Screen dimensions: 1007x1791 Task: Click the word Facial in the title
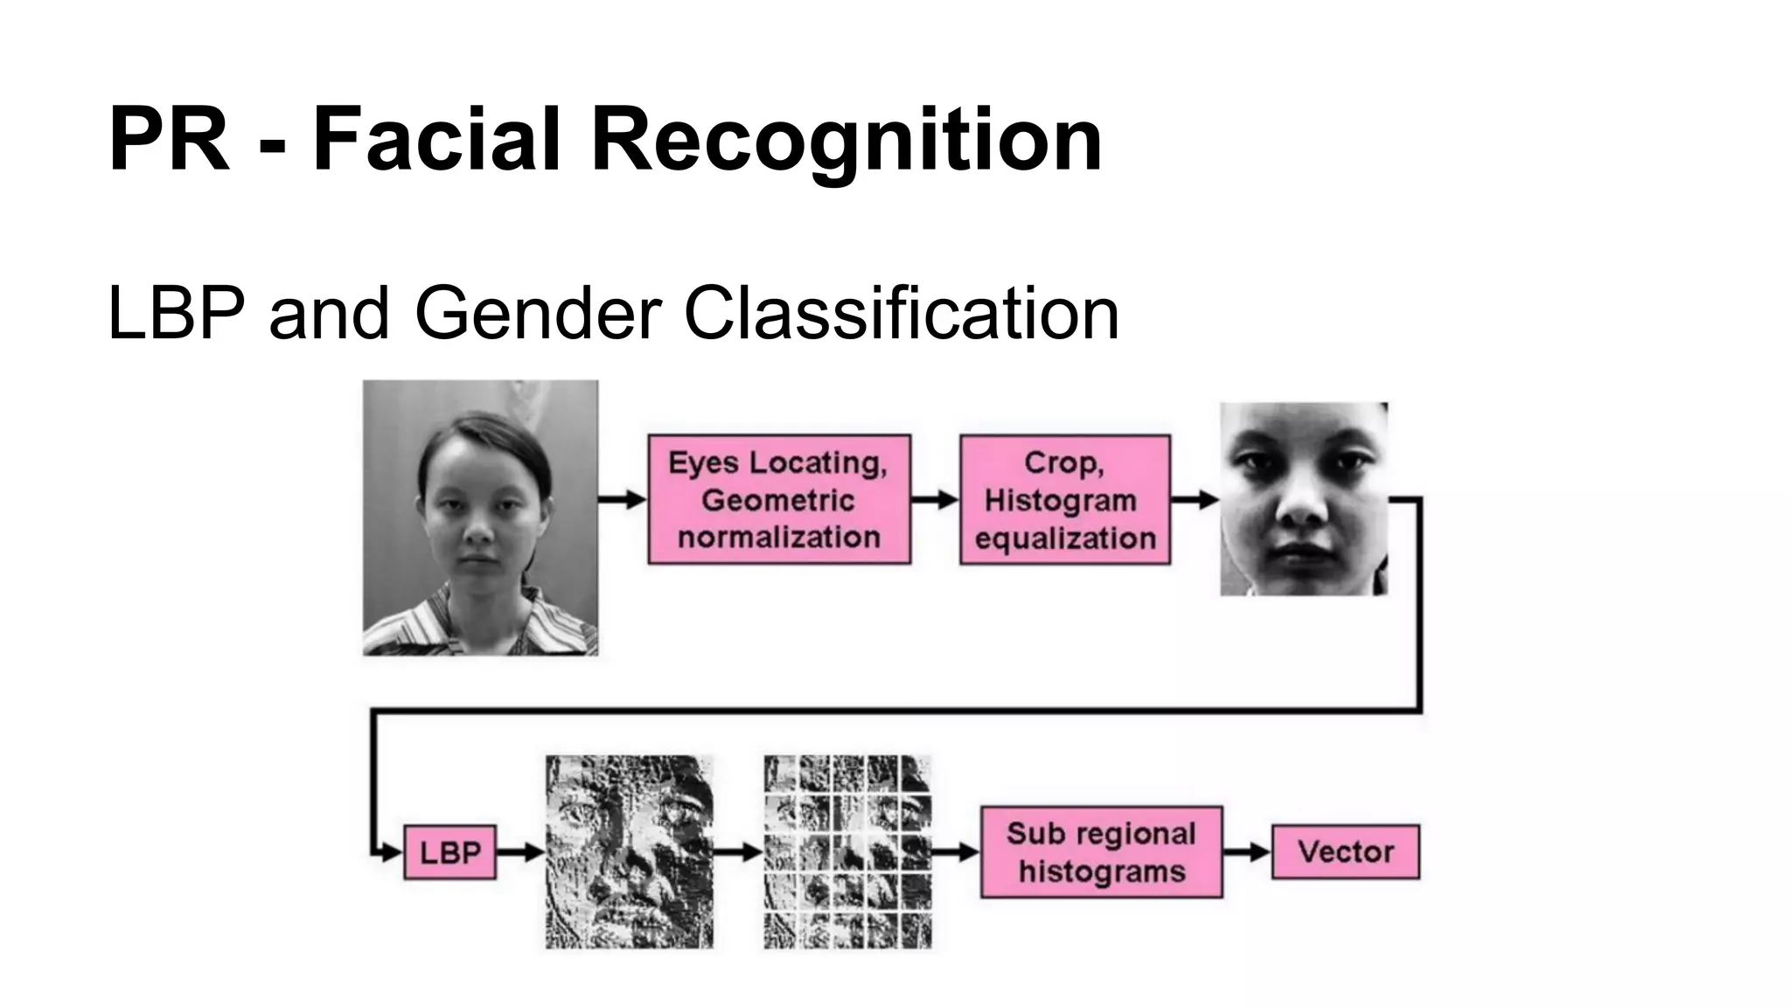click(436, 140)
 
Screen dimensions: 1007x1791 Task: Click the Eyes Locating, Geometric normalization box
click(778, 499)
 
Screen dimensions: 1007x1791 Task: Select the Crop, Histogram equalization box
click(1064, 499)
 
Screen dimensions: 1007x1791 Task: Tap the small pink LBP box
click(449, 852)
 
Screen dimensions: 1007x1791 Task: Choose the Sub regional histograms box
click(1101, 852)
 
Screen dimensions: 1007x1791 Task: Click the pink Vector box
click(1345, 852)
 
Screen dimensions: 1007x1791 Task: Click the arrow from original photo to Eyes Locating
click(623, 499)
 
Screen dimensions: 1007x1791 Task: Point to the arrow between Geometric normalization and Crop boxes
click(935, 499)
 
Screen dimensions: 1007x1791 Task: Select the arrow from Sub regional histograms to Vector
click(1246, 852)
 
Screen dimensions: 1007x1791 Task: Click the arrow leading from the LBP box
click(520, 852)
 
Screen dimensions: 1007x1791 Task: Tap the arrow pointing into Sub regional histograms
click(956, 852)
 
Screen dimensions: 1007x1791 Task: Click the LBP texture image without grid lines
click(629, 852)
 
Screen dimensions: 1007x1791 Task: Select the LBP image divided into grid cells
click(847, 852)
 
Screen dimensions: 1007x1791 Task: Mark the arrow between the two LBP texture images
click(739, 852)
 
